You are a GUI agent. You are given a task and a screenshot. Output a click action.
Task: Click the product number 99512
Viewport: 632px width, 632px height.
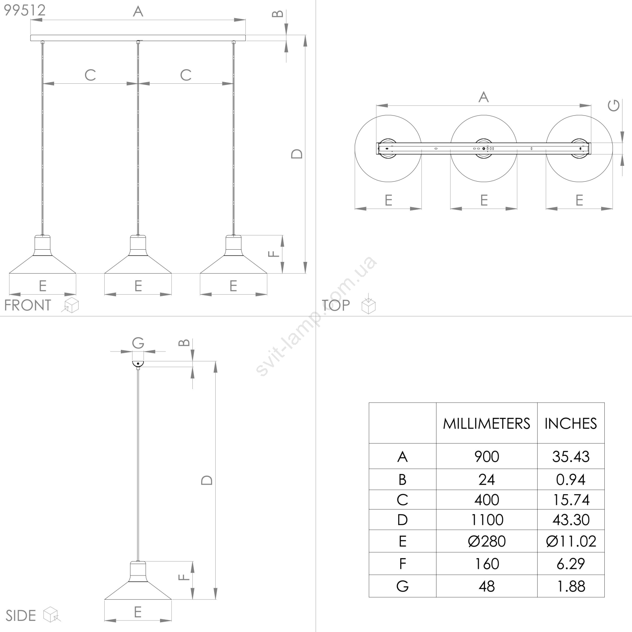pyautogui.click(x=24, y=10)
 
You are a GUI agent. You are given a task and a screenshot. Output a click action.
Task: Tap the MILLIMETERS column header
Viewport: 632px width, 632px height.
pyautogui.click(x=486, y=424)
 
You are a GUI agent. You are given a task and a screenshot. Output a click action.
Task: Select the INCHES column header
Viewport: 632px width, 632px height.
pyautogui.click(x=570, y=424)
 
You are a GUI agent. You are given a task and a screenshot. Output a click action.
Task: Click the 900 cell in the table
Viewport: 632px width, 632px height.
pyautogui.click(x=487, y=457)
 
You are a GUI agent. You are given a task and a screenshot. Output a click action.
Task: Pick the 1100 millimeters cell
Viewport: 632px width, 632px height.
pyautogui.click(x=487, y=520)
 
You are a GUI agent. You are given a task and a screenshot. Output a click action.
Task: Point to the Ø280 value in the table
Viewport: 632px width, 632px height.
pyautogui.click(x=487, y=541)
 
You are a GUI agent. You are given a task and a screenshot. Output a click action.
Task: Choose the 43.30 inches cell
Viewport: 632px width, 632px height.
pyautogui.click(x=571, y=520)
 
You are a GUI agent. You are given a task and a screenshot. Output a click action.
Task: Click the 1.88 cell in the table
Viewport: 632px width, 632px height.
pyautogui.click(x=571, y=586)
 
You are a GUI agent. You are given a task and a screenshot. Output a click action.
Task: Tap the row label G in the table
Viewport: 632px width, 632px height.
pyautogui.click(x=403, y=586)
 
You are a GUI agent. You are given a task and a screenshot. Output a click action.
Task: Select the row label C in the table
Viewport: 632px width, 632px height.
pyautogui.click(x=403, y=500)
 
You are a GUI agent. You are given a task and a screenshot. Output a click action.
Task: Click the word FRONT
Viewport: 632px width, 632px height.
pyautogui.click(x=28, y=305)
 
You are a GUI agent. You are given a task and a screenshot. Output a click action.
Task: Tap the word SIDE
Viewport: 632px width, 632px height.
pyautogui.click(x=21, y=616)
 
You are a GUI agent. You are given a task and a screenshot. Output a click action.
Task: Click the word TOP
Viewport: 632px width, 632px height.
pyautogui.click(x=336, y=305)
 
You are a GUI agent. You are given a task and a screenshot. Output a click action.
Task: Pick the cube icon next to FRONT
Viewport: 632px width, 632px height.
pyautogui.click(x=70, y=305)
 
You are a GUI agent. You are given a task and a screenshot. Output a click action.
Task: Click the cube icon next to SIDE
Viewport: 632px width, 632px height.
pyautogui.click(x=52, y=615)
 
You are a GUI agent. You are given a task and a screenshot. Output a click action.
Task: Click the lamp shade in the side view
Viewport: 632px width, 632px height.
pyautogui.click(x=138, y=580)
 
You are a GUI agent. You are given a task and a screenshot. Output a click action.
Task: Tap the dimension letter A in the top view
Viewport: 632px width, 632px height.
pyautogui.click(x=483, y=97)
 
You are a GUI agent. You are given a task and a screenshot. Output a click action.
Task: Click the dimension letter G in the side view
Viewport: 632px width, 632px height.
pyautogui.click(x=138, y=343)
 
